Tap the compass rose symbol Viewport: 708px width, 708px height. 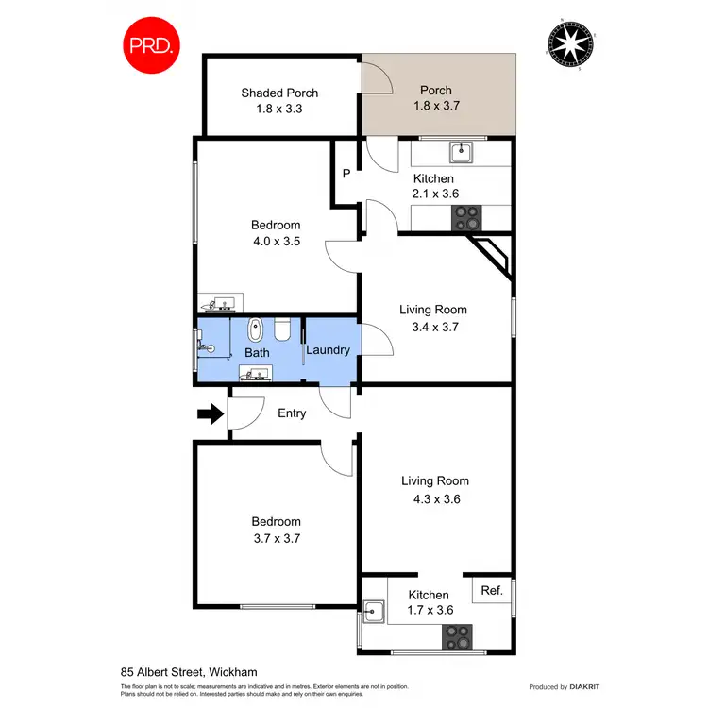pyautogui.click(x=571, y=45)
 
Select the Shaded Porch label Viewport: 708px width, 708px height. pyautogui.click(x=279, y=93)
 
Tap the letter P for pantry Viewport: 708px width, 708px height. pyautogui.click(x=346, y=173)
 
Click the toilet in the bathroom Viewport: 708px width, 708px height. pyautogui.click(x=281, y=330)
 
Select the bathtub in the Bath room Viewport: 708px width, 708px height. pyautogui.click(x=255, y=331)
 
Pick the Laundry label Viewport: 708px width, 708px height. pyautogui.click(x=328, y=350)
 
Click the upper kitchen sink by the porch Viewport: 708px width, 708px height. pyautogui.click(x=462, y=150)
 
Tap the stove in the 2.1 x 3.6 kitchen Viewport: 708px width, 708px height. pyautogui.click(x=467, y=218)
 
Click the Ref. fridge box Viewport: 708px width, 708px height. pyautogui.click(x=491, y=591)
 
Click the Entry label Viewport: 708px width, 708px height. pyautogui.click(x=292, y=413)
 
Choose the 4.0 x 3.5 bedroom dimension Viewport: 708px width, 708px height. pyautogui.click(x=276, y=241)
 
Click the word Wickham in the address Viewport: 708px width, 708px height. pyautogui.click(x=233, y=671)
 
